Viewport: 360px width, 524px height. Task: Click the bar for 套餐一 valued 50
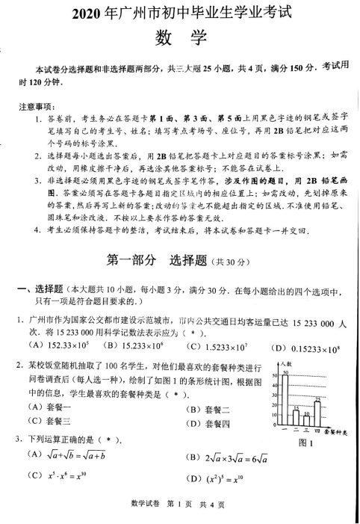[285, 399]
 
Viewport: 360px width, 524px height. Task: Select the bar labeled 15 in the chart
[296, 418]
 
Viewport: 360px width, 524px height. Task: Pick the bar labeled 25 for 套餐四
[317, 413]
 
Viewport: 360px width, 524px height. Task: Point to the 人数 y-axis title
[288, 364]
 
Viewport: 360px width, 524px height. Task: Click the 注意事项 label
[37, 106]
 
